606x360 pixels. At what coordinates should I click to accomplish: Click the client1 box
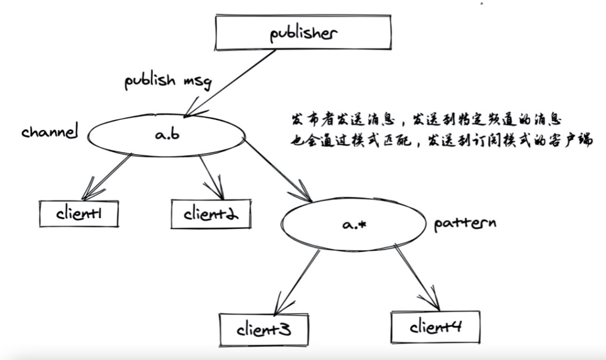(79, 214)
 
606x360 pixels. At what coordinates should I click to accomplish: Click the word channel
(49, 133)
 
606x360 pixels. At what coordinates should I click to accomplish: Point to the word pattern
(465, 224)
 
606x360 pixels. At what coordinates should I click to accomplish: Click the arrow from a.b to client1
(107, 177)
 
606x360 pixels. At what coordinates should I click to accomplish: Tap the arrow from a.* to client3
(297, 280)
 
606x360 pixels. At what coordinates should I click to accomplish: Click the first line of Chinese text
(424, 121)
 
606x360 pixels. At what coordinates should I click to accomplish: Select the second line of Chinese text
(440, 141)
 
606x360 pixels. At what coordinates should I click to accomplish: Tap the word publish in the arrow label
(149, 82)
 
